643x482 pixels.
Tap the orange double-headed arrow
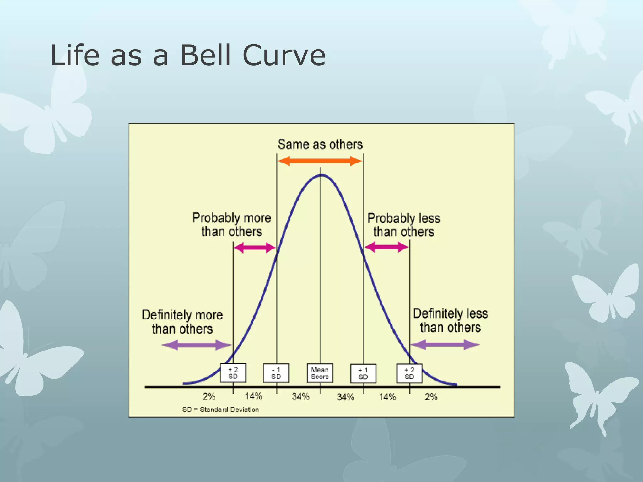[320, 161]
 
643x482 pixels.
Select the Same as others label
[320, 144]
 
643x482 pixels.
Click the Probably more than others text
[231, 225]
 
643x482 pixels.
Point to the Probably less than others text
[404, 225]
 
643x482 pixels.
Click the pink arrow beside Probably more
[255, 248]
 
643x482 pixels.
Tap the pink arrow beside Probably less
[386, 247]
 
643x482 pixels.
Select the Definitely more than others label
[182, 322]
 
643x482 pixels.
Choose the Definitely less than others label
[450, 320]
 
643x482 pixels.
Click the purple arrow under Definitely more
[197, 345]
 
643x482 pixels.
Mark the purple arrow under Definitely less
[445, 345]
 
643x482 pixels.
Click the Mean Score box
[320, 373]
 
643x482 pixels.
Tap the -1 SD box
[276, 373]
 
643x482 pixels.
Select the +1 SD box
[363, 373]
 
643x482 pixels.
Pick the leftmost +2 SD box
[233, 373]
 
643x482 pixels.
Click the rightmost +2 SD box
[409, 373]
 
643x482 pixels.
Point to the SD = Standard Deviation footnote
[220, 410]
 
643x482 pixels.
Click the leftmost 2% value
[209, 397]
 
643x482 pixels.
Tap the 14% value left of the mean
[253, 396]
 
